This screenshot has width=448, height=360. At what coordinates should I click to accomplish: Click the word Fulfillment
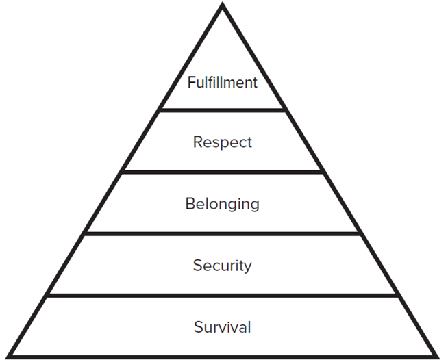(x=223, y=83)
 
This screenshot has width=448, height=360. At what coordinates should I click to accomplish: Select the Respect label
(x=223, y=143)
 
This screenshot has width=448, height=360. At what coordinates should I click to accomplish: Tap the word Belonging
(x=223, y=204)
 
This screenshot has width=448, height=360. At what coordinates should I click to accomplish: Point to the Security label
(x=223, y=266)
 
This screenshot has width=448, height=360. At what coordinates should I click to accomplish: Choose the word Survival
(x=223, y=327)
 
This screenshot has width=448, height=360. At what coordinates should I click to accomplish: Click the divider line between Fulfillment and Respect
(x=223, y=110)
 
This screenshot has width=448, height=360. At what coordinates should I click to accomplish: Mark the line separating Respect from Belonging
(x=223, y=172)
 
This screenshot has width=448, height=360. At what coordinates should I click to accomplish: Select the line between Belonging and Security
(x=223, y=233)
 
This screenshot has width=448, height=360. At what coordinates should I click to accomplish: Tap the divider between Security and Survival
(x=223, y=296)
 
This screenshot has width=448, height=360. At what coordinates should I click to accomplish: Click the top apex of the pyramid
(x=223, y=5)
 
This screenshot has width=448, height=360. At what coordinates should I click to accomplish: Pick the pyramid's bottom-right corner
(x=437, y=355)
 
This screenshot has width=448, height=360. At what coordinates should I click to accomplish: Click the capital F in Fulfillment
(x=191, y=83)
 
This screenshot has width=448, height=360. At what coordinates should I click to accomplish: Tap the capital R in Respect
(x=197, y=142)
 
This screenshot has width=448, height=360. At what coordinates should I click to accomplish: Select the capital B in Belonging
(x=190, y=203)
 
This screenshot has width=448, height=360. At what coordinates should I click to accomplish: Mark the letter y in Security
(x=248, y=268)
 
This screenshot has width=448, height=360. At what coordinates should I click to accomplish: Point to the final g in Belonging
(x=255, y=206)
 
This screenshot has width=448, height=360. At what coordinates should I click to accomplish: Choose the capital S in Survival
(x=198, y=327)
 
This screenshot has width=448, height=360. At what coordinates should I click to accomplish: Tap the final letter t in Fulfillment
(x=254, y=83)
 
